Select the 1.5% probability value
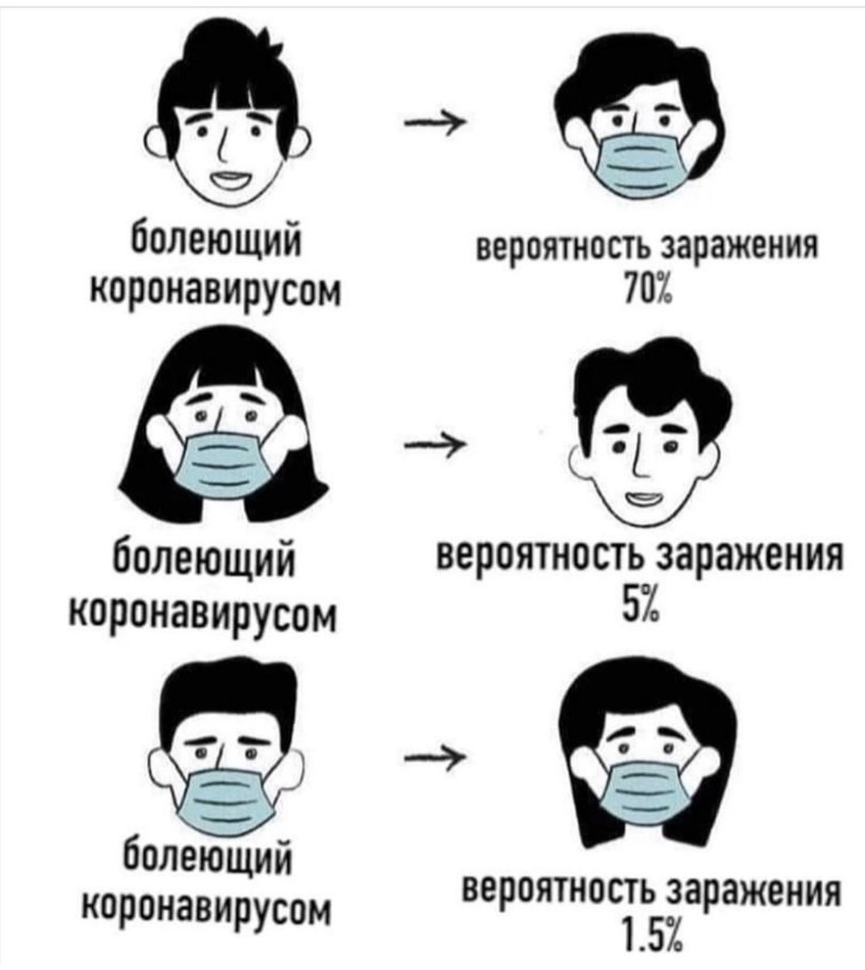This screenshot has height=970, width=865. click(x=647, y=941)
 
